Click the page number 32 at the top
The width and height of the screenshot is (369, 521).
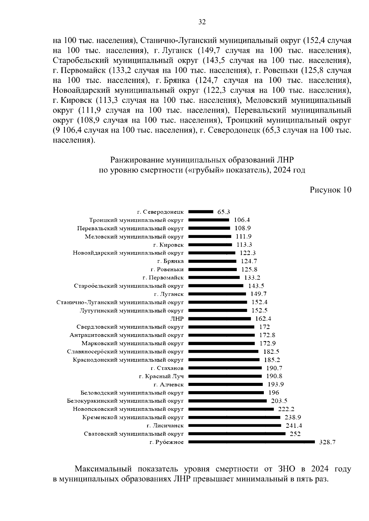pyautogui.click(x=202, y=22)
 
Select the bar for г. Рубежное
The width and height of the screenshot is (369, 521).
pyautogui.click(x=252, y=442)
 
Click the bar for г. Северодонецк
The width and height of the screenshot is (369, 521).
pyautogui.click(x=200, y=212)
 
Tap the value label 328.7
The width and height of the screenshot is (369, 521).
pyautogui.click(x=327, y=442)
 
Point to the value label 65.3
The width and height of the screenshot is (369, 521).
pyautogui.click(x=224, y=212)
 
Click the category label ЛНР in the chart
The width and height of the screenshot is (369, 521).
pyautogui.click(x=177, y=319)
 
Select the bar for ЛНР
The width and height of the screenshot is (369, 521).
pyautogui.click(x=220, y=319)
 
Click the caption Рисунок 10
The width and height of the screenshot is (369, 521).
pyautogui.click(x=330, y=190)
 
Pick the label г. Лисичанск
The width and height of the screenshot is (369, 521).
pyautogui.click(x=165, y=426)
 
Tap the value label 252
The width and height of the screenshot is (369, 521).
pyautogui.click(x=295, y=434)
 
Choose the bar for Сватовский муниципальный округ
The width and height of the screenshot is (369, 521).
pyautogui.click(x=237, y=434)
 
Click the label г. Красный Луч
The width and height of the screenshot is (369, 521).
pyautogui.click(x=161, y=376)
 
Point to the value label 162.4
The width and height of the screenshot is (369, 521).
pyautogui.click(x=263, y=319)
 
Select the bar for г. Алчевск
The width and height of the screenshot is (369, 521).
pyautogui.click(x=225, y=384)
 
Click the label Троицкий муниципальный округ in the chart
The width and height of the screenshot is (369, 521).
pyautogui.click(x=136, y=220)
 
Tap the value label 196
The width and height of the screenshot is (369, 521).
pyautogui.click(x=274, y=393)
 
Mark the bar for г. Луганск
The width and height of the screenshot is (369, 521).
pyautogui.click(x=217, y=294)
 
